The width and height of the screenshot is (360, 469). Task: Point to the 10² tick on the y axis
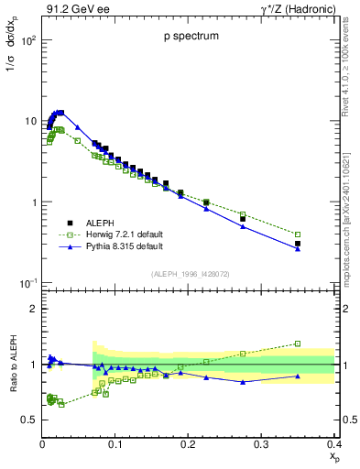[28, 41]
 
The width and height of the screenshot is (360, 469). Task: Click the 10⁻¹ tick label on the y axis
[28, 283]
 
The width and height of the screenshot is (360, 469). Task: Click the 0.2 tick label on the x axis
[188, 443]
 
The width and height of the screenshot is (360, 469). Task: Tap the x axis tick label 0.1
[115, 443]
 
